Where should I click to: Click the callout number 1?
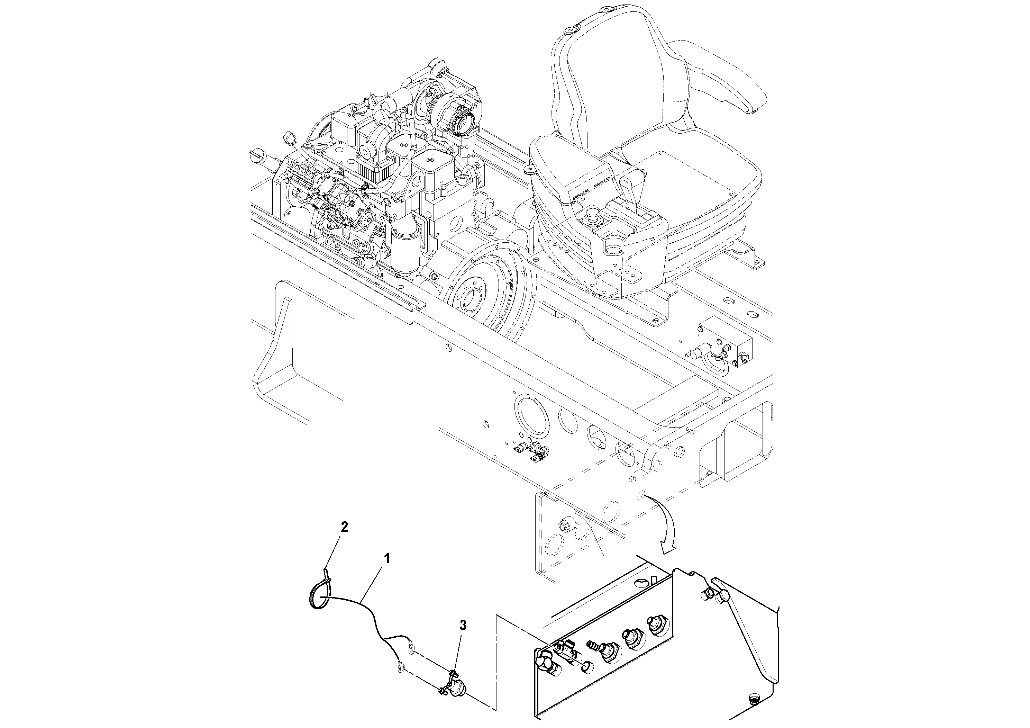387,559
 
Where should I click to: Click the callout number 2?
344,527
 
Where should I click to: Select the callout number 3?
463,625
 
